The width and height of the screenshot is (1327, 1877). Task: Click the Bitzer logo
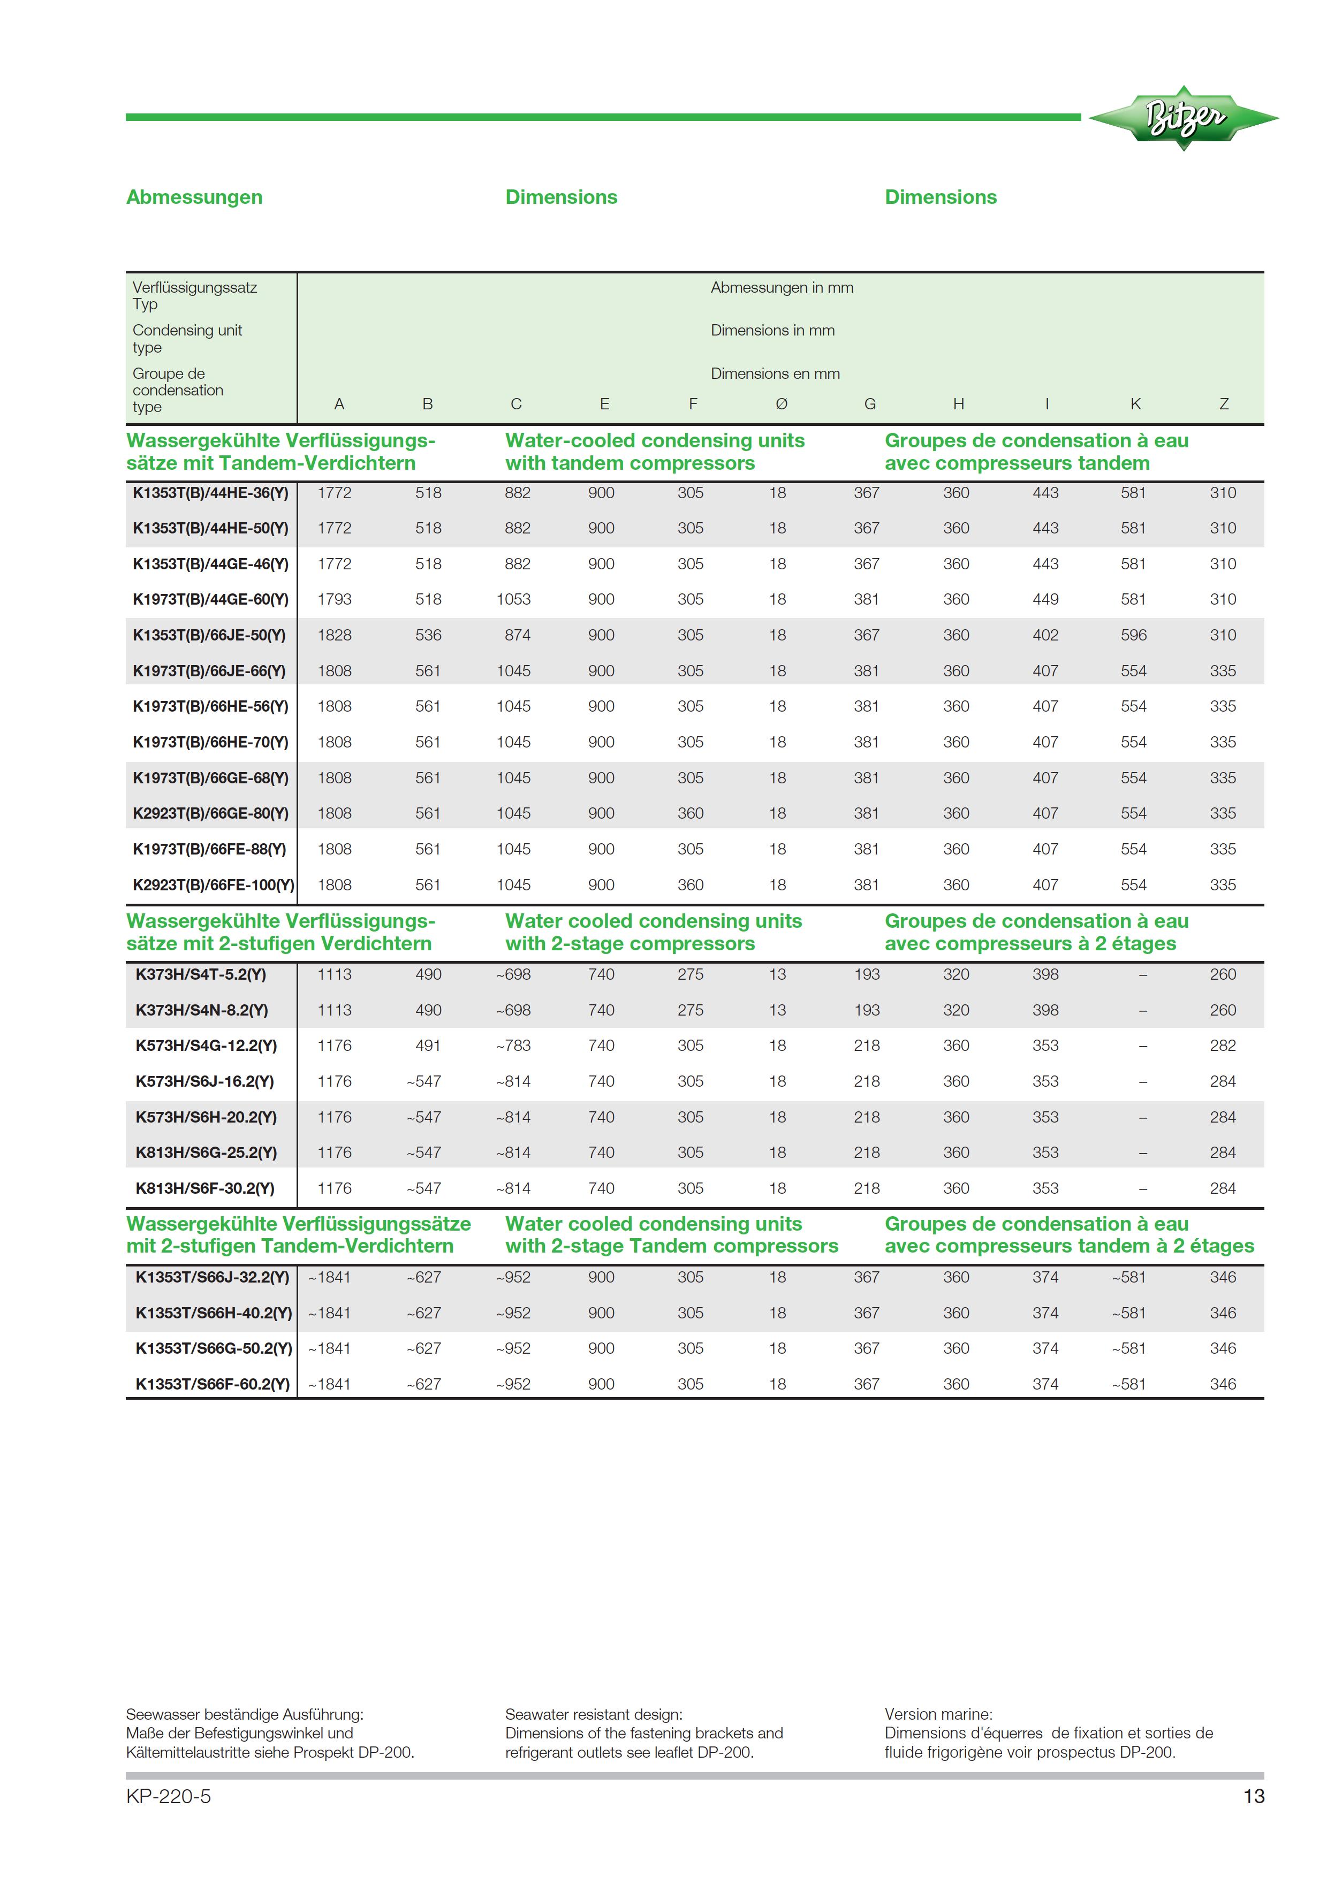click(1182, 118)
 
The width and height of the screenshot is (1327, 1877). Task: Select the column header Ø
click(781, 404)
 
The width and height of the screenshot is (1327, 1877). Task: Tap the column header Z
click(1223, 404)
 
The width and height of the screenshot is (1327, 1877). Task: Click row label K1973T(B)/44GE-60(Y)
click(211, 599)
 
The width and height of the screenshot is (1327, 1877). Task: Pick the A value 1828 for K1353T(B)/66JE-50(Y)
click(335, 635)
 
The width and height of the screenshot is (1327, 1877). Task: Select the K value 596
click(1133, 635)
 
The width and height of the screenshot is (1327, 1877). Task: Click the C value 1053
click(513, 599)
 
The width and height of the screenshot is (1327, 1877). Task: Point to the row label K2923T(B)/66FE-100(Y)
click(214, 884)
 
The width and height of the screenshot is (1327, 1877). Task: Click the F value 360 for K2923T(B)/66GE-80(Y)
click(690, 813)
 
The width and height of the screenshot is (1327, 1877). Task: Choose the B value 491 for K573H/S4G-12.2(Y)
click(428, 1046)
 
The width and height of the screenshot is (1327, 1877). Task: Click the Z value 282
click(1222, 1046)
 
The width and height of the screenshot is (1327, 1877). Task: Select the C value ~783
click(513, 1046)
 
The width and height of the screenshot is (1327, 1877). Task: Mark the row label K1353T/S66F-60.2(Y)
click(213, 1384)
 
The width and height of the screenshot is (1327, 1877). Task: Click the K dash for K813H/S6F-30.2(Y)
click(1142, 1189)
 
